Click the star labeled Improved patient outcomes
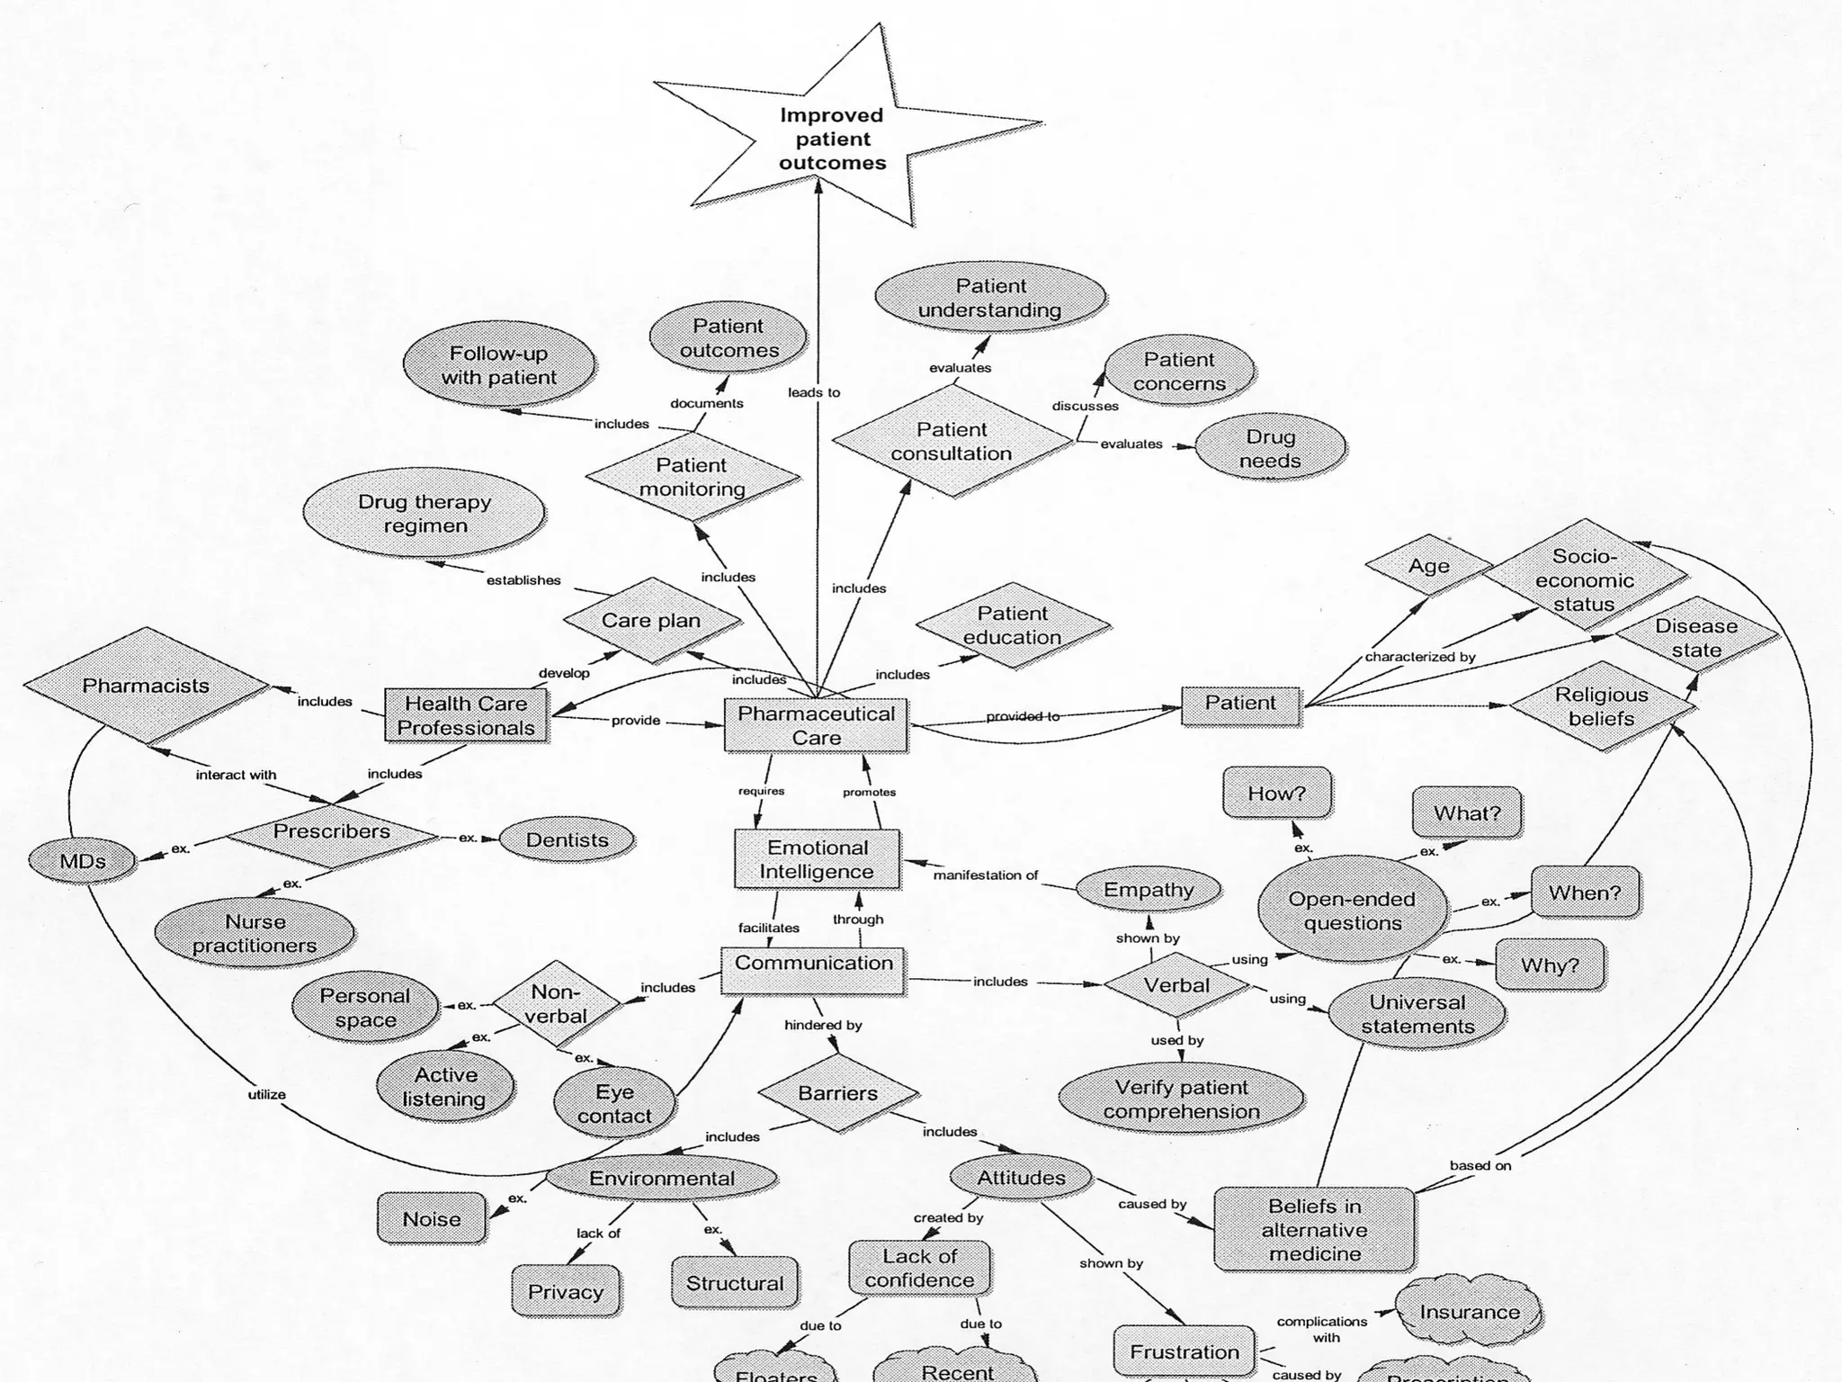pyautogui.click(x=832, y=139)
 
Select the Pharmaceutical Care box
pyautogui.click(x=816, y=725)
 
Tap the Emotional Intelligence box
pyautogui.click(x=817, y=859)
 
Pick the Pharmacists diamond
pyautogui.click(x=146, y=686)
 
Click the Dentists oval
pyautogui.click(x=567, y=839)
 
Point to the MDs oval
pyautogui.click(x=82, y=861)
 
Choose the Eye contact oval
pyautogui.click(x=614, y=1103)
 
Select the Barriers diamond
pyautogui.click(x=837, y=1093)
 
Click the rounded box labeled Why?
pyautogui.click(x=1550, y=965)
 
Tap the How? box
pyautogui.click(x=1276, y=793)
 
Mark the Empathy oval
pyautogui.click(x=1149, y=889)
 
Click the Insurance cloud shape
pyautogui.click(x=1469, y=1311)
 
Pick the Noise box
pyautogui.click(x=432, y=1218)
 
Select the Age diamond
pyautogui.click(x=1428, y=566)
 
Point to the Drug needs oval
pyautogui.click(x=1270, y=448)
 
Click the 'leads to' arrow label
pyautogui.click(x=814, y=392)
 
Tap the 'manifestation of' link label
pyautogui.click(x=986, y=875)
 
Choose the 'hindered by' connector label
pyautogui.click(x=823, y=1025)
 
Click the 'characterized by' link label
pyautogui.click(x=1420, y=657)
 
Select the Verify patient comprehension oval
pyautogui.click(x=1181, y=1099)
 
